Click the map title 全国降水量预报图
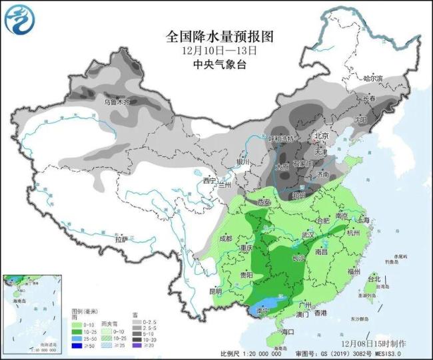[217, 35]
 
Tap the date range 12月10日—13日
[217, 50]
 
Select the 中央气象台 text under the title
[217, 64]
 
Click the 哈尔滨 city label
[374, 79]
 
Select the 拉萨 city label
[121, 239]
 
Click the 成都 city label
[224, 238]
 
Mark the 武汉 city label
[307, 235]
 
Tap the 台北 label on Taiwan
[374, 279]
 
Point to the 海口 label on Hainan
[288, 331]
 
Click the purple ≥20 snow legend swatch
[137, 345]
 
